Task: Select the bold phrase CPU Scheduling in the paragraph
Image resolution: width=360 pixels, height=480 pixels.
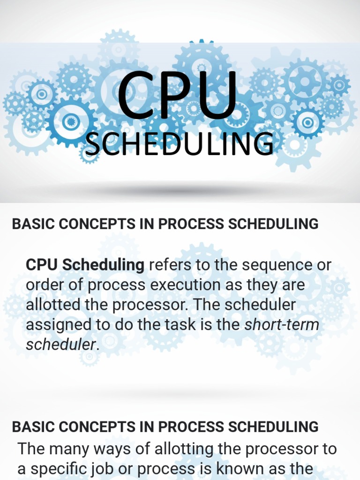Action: click(x=85, y=265)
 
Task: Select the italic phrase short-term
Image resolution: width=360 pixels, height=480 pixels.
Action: click(x=282, y=324)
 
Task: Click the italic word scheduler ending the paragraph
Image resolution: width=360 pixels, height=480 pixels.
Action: click(x=60, y=345)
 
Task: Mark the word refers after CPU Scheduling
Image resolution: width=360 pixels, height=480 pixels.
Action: click(x=170, y=265)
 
